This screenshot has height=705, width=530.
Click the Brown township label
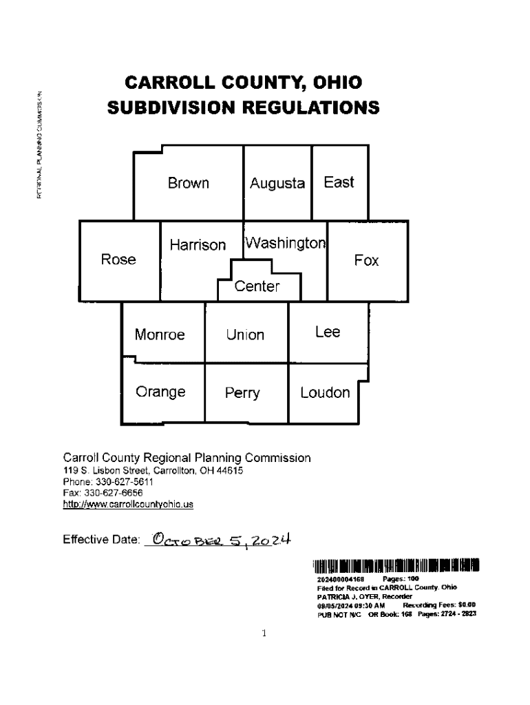(189, 183)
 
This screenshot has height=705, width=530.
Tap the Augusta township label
(277, 184)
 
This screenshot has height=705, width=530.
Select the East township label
(339, 182)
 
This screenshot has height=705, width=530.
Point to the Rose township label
(118, 260)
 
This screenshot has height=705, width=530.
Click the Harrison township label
(198, 245)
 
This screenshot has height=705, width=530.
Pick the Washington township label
(286, 243)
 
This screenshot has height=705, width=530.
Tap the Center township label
(257, 286)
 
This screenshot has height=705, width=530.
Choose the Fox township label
(367, 260)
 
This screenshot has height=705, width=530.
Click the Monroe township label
(160, 335)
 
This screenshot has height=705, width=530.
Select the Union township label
(246, 335)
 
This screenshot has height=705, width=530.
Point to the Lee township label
(328, 333)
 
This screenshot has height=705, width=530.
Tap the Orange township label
(160, 392)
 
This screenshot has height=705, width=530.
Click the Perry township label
(242, 393)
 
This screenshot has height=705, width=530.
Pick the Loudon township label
(325, 392)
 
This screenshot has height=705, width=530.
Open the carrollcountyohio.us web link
(128, 504)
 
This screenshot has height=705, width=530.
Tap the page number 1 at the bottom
(264, 633)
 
